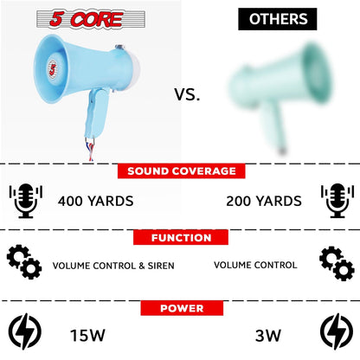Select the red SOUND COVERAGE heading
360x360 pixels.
click(180, 170)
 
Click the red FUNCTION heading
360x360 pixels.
click(180, 236)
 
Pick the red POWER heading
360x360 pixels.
click(180, 307)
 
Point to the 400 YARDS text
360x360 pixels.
click(95, 202)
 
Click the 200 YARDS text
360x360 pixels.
click(264, 202)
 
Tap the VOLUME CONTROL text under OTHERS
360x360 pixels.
click(255, 266)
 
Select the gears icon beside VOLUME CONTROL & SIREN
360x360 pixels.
click(24, 262)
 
